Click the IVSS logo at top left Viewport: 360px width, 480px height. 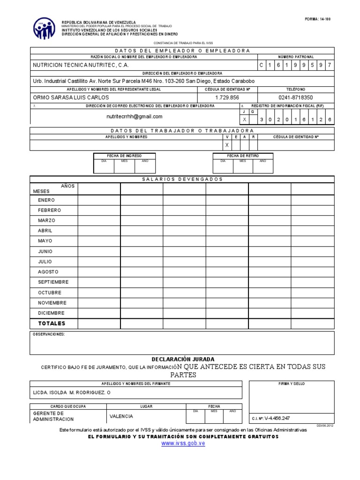point(44,29)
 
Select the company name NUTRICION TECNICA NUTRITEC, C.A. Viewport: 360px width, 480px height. point(80,65)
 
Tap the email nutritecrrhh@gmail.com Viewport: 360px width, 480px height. point(135,117)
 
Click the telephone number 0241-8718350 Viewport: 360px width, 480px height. point(295,97)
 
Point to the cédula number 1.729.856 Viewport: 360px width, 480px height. point(227,97)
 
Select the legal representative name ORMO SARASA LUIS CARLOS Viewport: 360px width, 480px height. point(71,97)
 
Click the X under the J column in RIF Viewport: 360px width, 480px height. point(244,120)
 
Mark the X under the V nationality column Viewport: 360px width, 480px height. point(227,145)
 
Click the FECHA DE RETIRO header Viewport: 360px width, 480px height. point(243,156)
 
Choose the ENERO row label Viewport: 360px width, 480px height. point(46,200)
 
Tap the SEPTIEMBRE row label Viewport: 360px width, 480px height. point(53,282)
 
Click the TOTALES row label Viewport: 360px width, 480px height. point(52,323)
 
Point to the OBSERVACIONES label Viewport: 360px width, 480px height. point(49,334)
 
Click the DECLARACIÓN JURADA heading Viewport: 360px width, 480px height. point(183,359)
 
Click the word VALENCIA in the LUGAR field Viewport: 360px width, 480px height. point(121,416)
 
